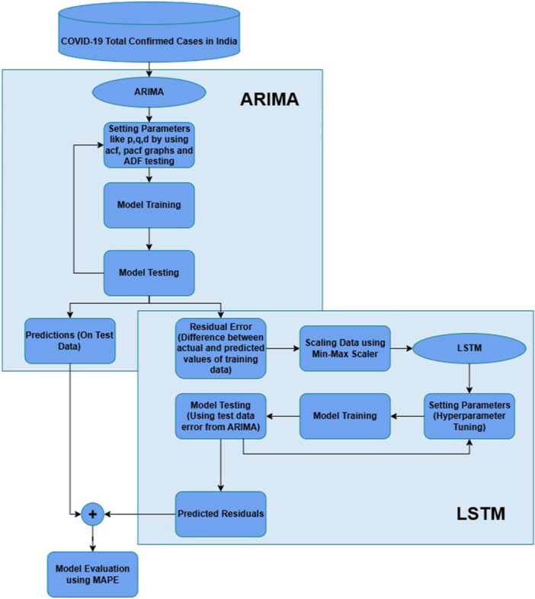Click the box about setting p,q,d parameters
pos(149,144)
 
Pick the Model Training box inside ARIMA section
pos(149,205)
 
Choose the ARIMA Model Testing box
pos(149,271)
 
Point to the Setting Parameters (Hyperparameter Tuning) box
pos(469,416)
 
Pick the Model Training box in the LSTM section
pos(345,416)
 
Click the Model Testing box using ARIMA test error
pos(221,416)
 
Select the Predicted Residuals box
pos(221,514)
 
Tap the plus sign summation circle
pos(92,514)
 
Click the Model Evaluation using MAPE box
pos(92,574)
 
